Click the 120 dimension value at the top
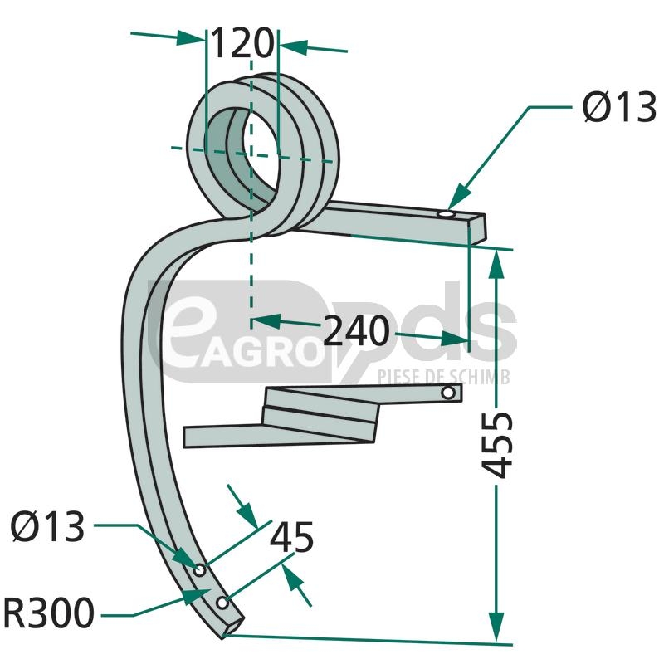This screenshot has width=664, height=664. pyautogui.click(x=242, y=43)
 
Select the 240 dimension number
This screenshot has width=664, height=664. pyautogui.click(x=356, y=331)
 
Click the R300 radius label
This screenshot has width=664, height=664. pyautogui.click(x=49, y=615)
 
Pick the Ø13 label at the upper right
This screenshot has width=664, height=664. pyautogui.click(x=619, y=108)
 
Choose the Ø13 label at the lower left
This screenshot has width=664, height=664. pyautogui.click(x=49, y=527)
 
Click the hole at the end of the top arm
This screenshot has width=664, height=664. pyautogui.click(x=447, y=216)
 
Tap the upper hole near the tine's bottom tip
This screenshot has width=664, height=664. pyautogui.click(x=200, y=569)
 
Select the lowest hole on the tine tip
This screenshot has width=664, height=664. pyautogui.click(x=221, y=601)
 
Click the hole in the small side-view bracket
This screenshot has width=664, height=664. pyautogui.click(x=448, y=393)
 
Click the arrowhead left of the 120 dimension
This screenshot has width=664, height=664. pyautogui.click(x=194, y=37)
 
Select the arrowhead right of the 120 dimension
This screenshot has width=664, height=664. pyautogui.click(x=291, y=46)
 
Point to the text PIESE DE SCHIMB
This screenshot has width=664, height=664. pyautogui.click(x=444, y=377)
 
